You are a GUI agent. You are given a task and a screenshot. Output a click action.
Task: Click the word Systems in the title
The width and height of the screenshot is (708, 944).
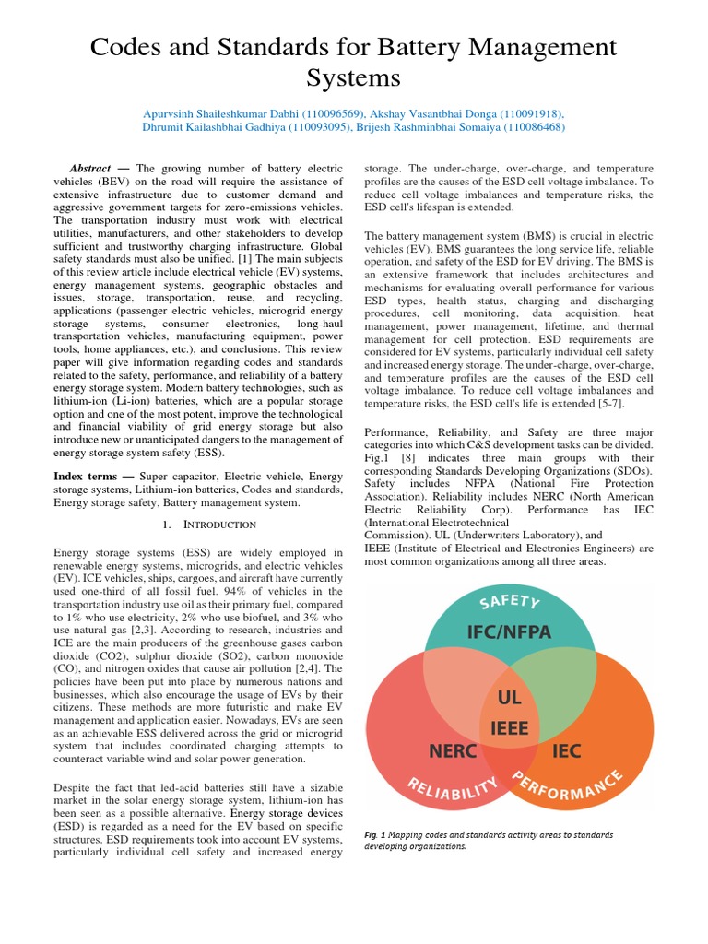[353, 76]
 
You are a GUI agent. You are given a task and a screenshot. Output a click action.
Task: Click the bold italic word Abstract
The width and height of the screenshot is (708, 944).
[89, 170]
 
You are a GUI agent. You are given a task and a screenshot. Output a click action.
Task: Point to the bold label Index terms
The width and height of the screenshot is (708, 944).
[88, 475]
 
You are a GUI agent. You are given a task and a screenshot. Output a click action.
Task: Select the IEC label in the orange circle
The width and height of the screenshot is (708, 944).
[566, 750]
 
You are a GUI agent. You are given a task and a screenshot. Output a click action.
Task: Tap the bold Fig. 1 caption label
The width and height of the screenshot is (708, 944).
[372, 835]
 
